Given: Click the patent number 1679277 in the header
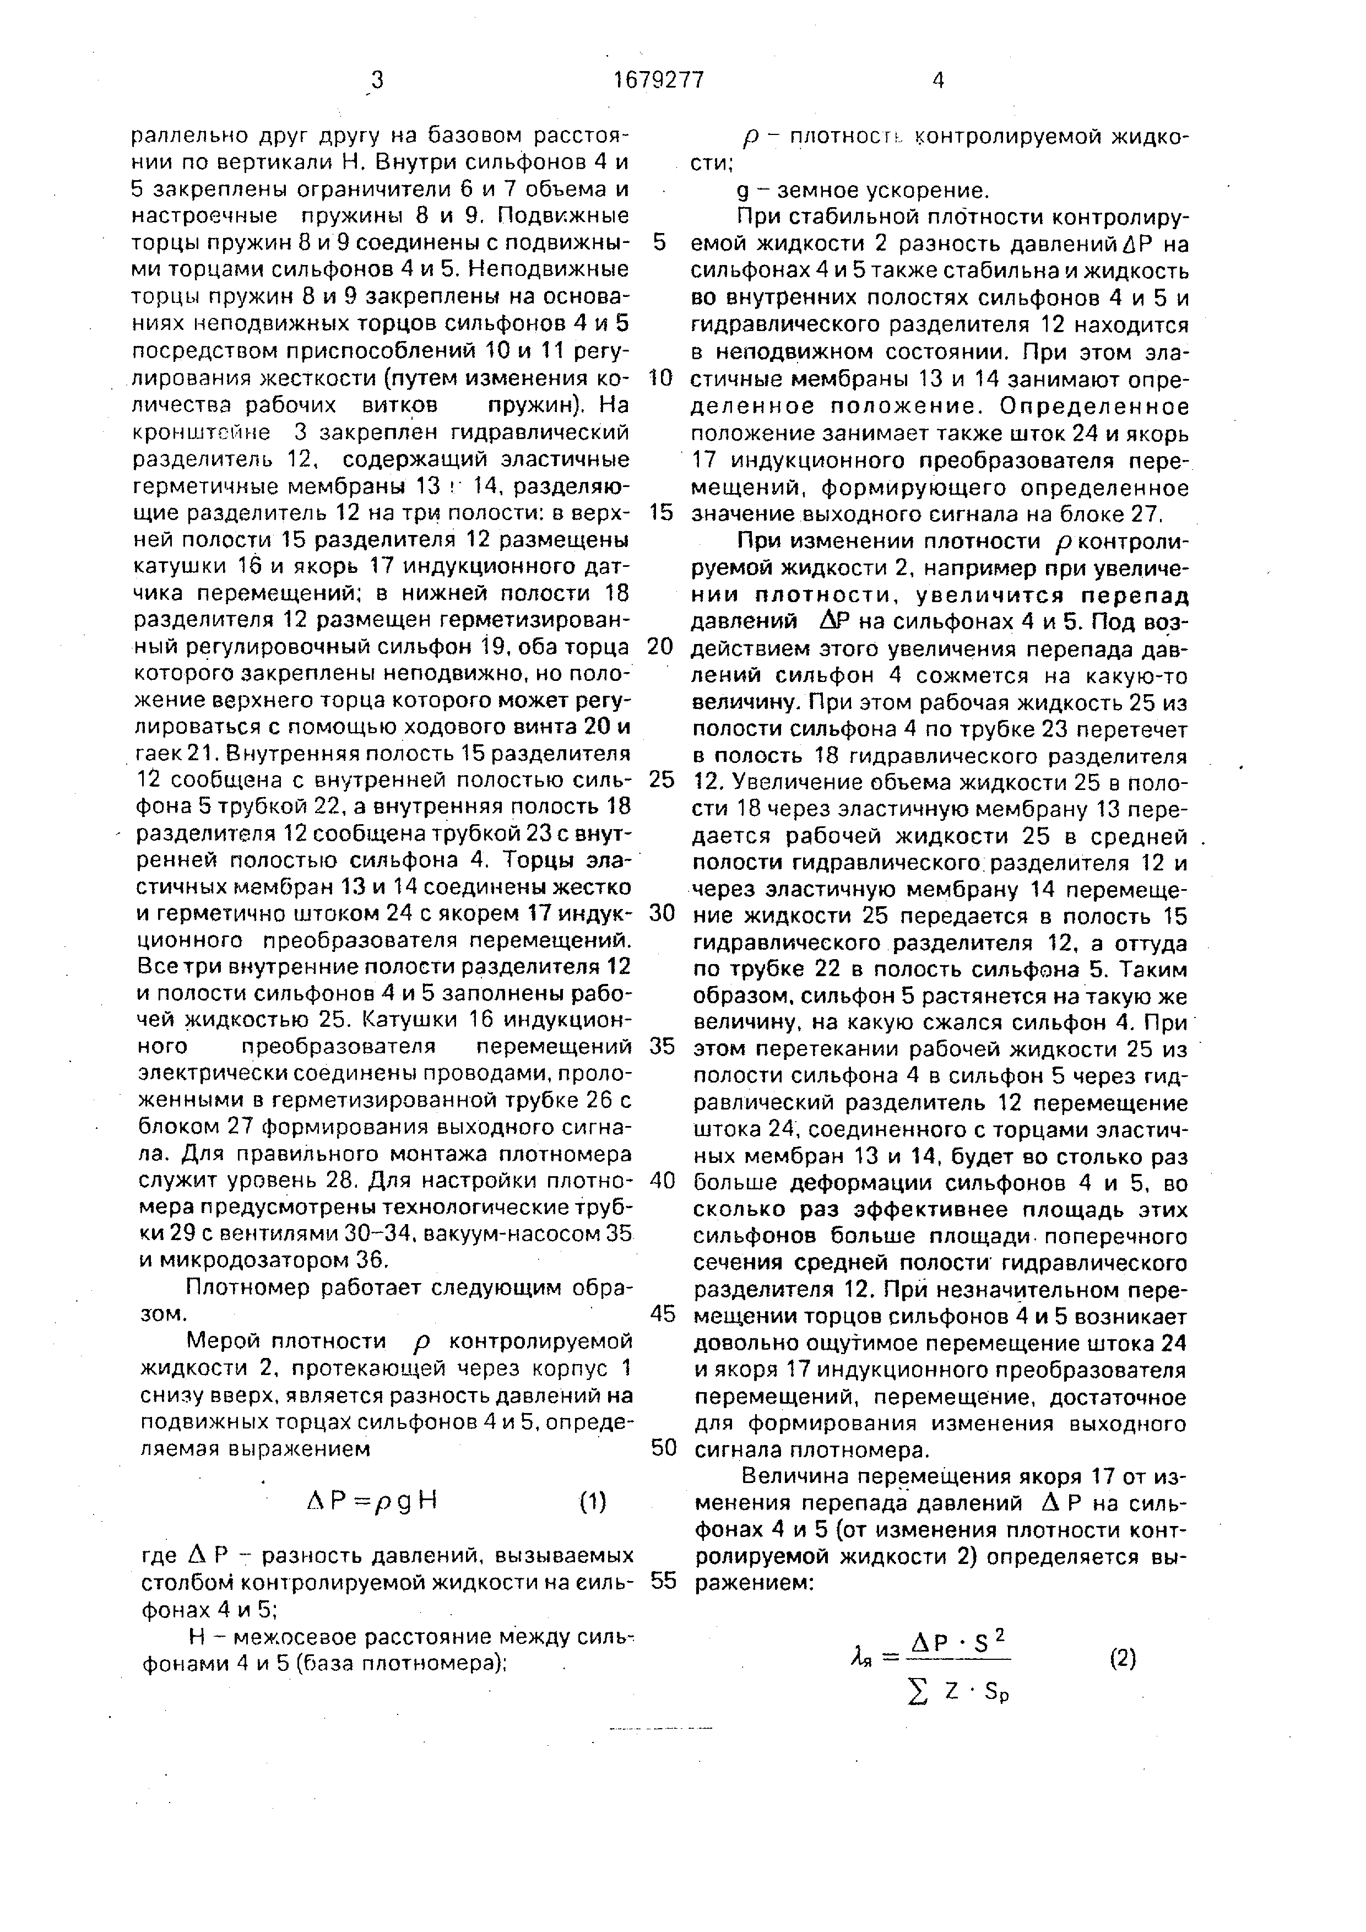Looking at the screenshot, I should click(659, 81).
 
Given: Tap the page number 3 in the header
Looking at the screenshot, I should click(376, 81).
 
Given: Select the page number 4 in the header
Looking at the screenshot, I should click(939, 81).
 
